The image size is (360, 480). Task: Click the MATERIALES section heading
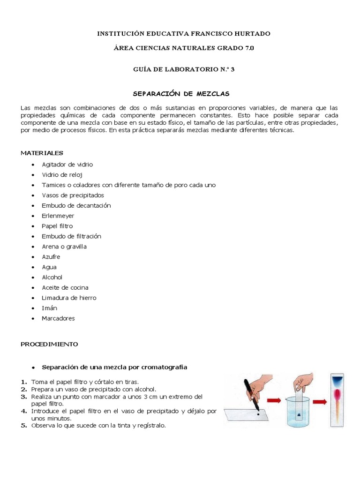[42, 153]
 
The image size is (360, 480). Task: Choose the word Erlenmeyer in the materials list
[58, 216]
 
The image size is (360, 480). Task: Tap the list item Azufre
[51, 257]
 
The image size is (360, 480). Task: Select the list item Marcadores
[58, 318]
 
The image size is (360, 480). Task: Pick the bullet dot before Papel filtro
[32, 226]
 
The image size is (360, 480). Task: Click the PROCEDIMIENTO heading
[49, 344]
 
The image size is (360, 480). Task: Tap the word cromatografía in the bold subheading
[160, 367]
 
